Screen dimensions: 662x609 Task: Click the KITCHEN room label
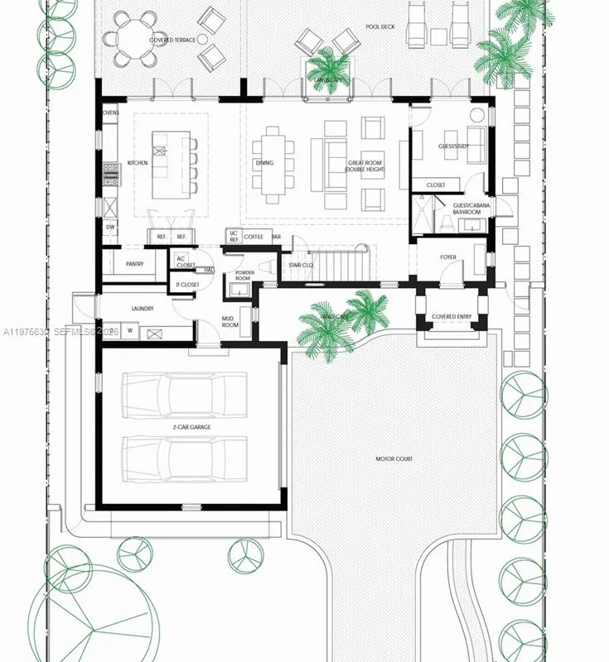(x=138, y=163)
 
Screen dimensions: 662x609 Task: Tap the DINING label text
(x=264, y=163)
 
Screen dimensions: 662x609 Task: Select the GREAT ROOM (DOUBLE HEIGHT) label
(x=365, y=166)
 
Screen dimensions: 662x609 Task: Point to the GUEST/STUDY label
(x=453, y=146)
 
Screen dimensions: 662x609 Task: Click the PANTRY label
(x=135, y=265)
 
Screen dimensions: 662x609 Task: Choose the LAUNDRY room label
(x=143, y=309)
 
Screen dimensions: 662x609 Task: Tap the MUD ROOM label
(x=230, y=322)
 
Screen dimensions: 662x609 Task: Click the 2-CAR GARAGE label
(x=191, y=427)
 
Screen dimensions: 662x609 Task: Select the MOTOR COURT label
(x=394, y=459)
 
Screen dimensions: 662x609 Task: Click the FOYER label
(x=447, y=257)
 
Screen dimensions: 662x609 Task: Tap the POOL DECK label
(x=381, y=26)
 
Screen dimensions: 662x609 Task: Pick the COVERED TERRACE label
(x=172, y=40)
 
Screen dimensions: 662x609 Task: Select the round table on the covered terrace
(x=135, y=37)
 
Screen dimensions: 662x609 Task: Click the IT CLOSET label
(x=187, y=285)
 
